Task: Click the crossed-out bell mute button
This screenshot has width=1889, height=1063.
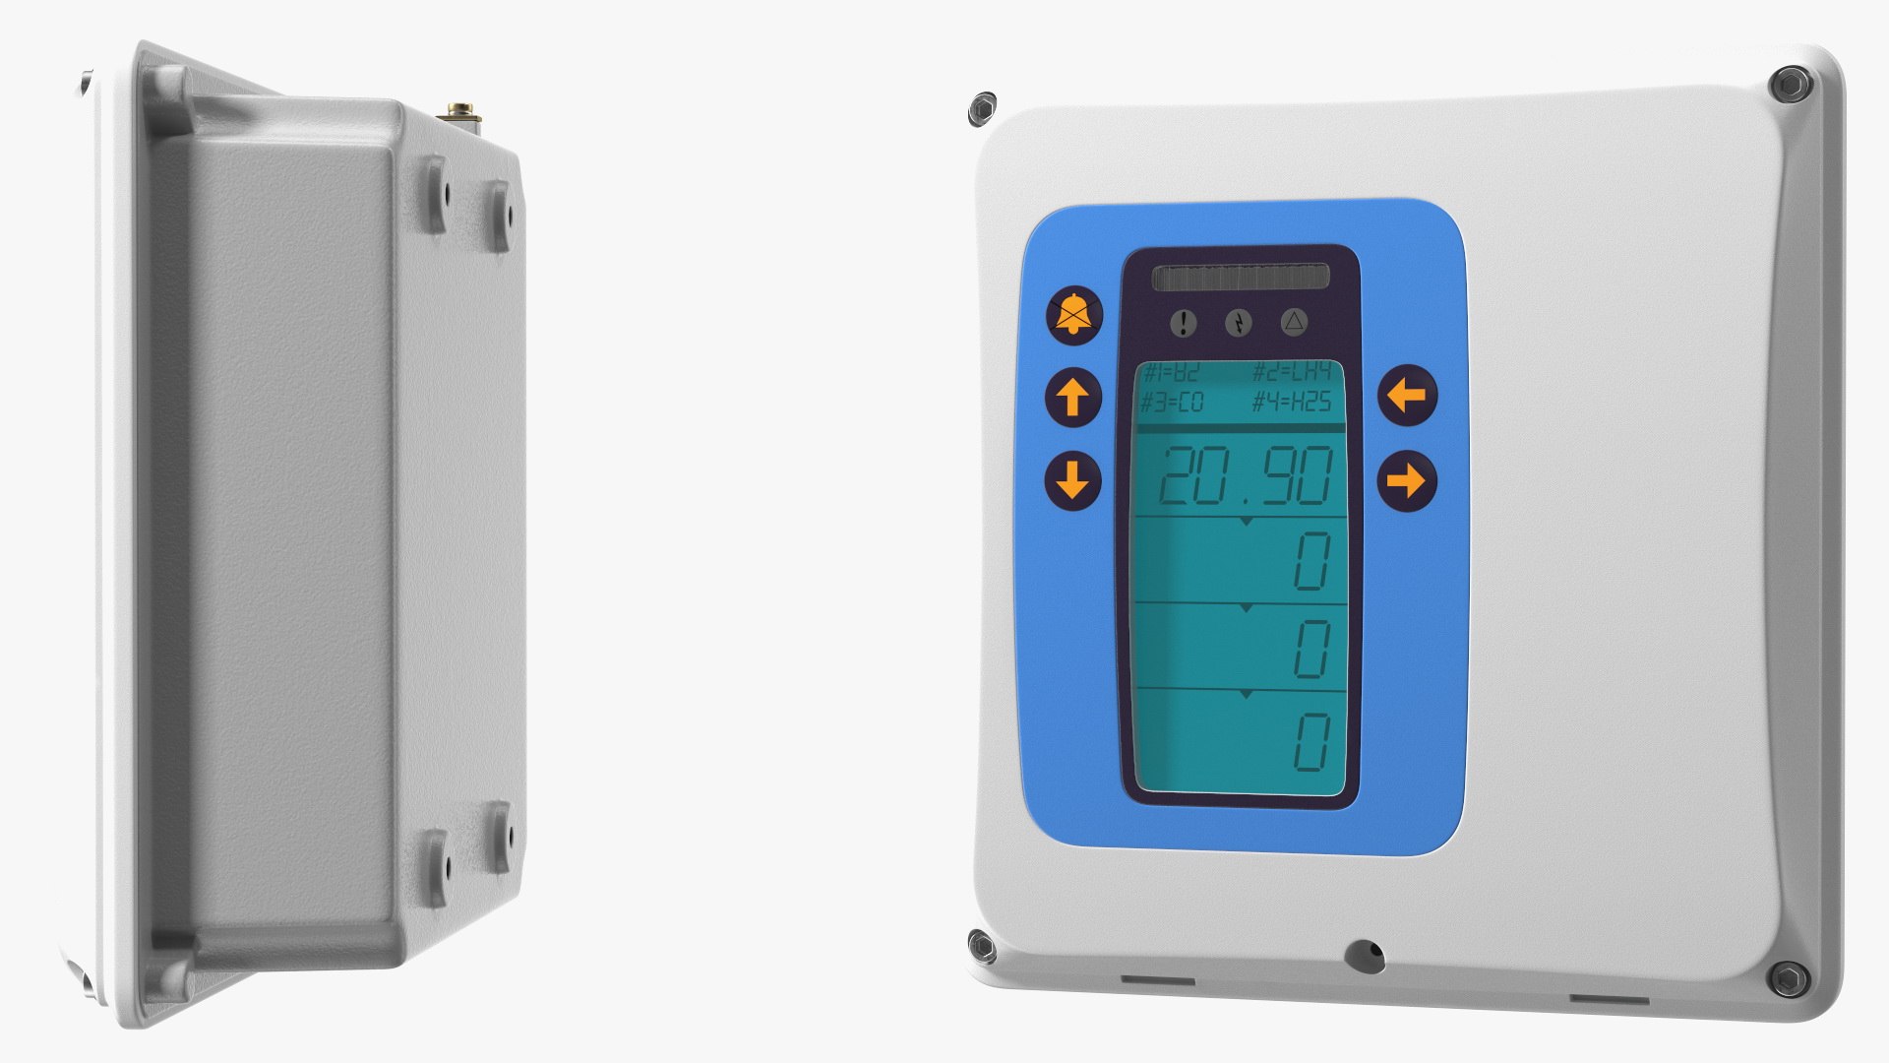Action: [1073, 315]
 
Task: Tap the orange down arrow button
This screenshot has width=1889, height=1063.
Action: [1072, 480]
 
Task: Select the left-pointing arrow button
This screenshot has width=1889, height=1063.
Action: [1407, 396]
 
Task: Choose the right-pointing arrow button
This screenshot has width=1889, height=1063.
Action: [1407, 481]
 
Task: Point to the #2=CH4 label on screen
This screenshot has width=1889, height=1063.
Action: [1291, 371]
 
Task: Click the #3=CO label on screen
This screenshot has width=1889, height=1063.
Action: [1172, 402]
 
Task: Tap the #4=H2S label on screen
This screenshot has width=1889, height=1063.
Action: [1291, 402]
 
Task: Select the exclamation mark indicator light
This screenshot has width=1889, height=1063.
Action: [1184, 322]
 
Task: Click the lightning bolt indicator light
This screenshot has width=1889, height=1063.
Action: [1239, 322]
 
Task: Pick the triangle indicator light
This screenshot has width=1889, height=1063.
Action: [1294, 321]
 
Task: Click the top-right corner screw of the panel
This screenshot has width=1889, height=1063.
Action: [1790, 85]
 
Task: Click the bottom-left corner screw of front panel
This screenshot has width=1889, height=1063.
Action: [982, 947]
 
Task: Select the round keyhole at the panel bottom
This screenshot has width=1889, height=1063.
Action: [1364, 955]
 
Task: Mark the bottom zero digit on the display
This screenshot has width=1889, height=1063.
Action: [1311, 742]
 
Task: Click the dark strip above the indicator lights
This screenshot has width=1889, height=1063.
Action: [1240, 278]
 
